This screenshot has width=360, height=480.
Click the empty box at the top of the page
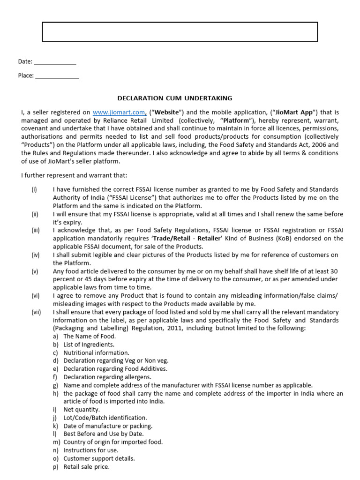[x=180, y=31]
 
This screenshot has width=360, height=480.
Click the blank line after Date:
[x=55, y=62]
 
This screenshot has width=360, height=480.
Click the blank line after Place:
[x=57, y=76]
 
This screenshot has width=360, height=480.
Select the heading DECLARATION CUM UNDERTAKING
[x=174, y=98]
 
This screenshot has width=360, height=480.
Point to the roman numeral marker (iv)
[x=36, y=255]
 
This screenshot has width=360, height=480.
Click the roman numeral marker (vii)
[x=36, y=312]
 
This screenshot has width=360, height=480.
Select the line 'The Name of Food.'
[x=90, y=337]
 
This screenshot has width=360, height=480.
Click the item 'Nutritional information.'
[x=96, y=352]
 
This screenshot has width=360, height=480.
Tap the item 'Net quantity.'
[x=82, y=410]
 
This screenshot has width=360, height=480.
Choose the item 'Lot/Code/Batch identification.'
[x=105, y=418]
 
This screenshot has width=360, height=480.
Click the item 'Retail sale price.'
[x=86, y=467]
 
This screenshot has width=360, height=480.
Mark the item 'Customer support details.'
[x=99, y=458]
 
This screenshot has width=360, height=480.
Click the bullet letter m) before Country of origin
[x=56, y=442]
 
